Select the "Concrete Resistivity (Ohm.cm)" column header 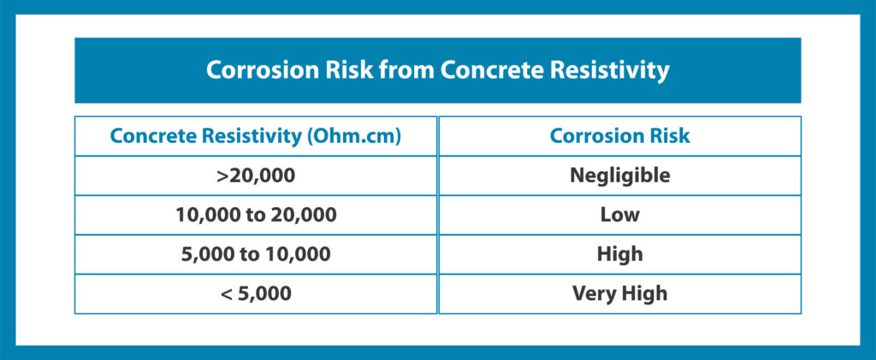255,137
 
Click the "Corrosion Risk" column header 619,136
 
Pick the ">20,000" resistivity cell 255,176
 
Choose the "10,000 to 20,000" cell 256,215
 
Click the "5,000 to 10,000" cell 256,255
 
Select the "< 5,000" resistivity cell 256,293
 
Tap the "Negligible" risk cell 619,176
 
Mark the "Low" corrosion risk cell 620,215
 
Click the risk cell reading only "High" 620,255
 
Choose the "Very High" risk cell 619,294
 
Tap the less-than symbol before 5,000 227,294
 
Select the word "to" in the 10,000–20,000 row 255,215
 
